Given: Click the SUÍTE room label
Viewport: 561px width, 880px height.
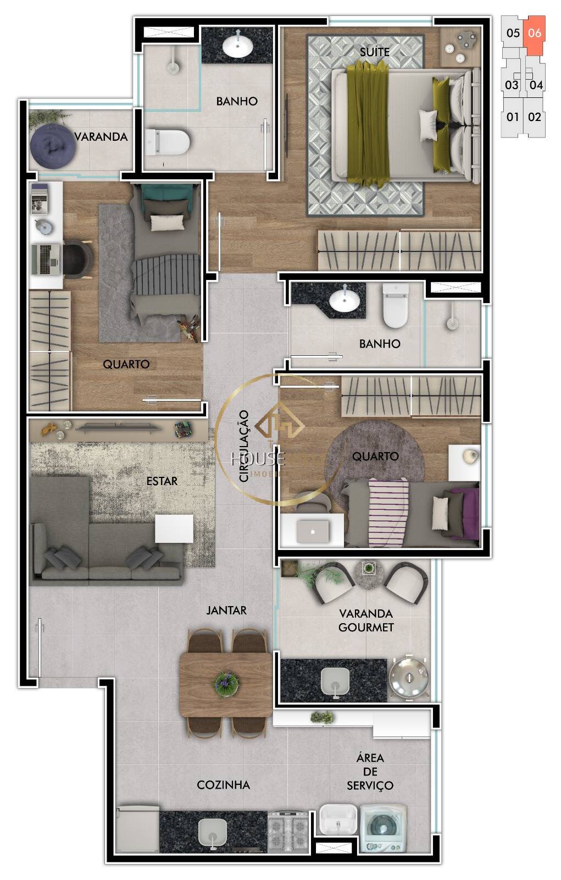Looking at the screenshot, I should point(375,52).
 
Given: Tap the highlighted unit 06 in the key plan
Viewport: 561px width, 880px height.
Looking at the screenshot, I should point(534,33).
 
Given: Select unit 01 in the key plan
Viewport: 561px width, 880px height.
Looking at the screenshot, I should point(512,117).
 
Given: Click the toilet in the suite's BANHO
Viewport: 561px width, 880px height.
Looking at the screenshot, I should point(168,141).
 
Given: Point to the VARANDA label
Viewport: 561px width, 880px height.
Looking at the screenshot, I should point(101,137).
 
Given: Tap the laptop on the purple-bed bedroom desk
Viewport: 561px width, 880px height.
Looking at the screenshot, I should point(313,531).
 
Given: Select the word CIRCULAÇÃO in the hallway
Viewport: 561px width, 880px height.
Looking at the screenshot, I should point(245,446).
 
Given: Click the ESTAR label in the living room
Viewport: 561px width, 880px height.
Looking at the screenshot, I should point(162,481).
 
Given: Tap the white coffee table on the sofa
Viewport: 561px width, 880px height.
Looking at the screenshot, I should point(174,529).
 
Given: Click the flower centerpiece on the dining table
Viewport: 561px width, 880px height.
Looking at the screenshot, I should point(226,682).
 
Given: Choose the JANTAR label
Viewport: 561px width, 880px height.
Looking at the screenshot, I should point(226,610).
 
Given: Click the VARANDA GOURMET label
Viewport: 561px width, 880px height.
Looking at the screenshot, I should point(366,620).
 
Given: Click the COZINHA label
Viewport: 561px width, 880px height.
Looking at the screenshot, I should point(223,785).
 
